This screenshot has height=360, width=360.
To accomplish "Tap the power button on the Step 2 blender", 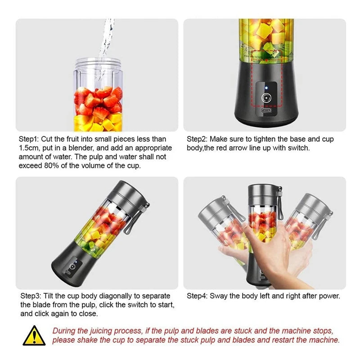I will [265, 97].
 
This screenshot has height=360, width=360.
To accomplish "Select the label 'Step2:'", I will [198, 139].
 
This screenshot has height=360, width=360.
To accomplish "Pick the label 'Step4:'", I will [198, 296].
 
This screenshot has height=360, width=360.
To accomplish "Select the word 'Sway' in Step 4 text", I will [219, 296].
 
